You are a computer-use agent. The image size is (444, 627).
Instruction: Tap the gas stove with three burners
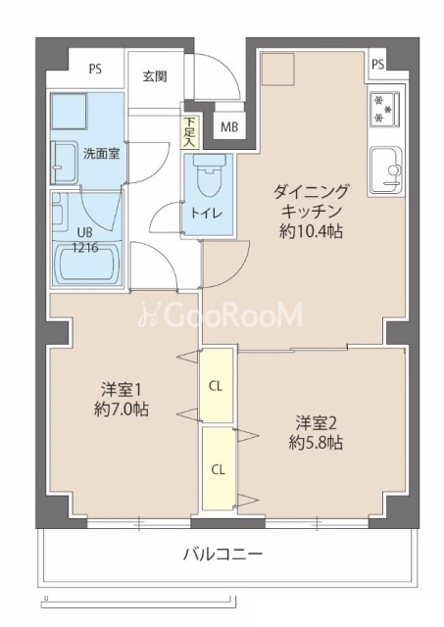point(384,109)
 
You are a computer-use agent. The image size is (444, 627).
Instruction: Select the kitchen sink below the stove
point(385,170)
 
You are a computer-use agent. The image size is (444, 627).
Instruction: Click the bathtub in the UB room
point(87,264)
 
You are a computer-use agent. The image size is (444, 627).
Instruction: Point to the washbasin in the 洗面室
point(64,163)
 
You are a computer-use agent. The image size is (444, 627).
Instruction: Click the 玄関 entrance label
point(155,76)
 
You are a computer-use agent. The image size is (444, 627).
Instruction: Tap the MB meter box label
point(229,126)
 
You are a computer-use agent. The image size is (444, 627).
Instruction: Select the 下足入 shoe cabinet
point(189,132)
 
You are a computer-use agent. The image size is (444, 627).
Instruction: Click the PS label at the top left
point(95,69)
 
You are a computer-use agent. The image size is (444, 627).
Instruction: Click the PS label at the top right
point(378,64)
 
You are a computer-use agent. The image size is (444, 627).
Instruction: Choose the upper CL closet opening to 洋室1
point(216,385)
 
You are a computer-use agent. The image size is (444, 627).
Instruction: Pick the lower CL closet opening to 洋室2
point(218,468)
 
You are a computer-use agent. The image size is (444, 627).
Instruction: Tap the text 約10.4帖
point(311,231)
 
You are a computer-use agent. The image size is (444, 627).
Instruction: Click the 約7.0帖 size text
point(122,409)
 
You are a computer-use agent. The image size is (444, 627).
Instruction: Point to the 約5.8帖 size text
point(316,442)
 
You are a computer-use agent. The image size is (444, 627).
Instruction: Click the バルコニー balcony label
point(222,555)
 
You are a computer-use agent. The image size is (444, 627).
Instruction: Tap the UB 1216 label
point(85,239)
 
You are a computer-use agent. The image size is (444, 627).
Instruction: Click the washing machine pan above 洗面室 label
point(70,111)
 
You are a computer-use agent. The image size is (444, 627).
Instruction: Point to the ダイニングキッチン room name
point(311,201)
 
